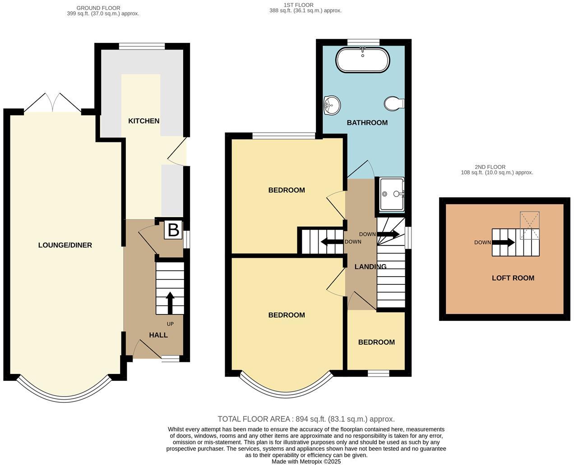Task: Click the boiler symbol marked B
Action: pyautogui.click(x=173, y=230)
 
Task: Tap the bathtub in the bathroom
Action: pyautogui.click(x=362, y=60)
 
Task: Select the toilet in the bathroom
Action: pyautogui.click(x=394, y=104)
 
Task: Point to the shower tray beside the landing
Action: pyautogui.click(x=391, y=194)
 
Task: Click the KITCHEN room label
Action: pyautogui.click(x=144, y=121)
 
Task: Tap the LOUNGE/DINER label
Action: pyautogui.click(x=65, y=245)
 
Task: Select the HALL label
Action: pyautogui.click(x=158, y=335)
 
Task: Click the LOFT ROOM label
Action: pyautogui.click(x=513, y=278)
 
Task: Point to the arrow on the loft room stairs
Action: pyautogui.click(x=503, y=242)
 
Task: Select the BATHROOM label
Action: pyautogui.click(x=367, y=123)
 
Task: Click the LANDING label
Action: pyautogui.click(x=370, y=267)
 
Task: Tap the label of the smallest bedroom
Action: pyautogui.click(x=376, y=342)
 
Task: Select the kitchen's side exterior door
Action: pyautogui.click(x=179, y=152)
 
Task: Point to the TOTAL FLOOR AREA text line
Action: pyautogui.click(x=306, y=419)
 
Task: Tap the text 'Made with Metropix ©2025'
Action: pyautogui.click(x=306, y=461)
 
